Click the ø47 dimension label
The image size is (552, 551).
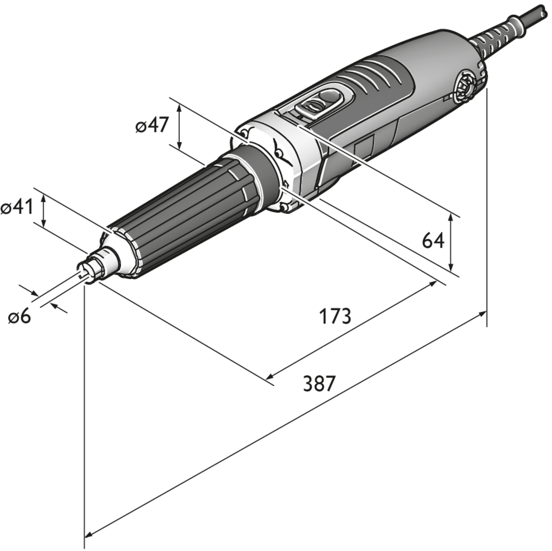(151, 126)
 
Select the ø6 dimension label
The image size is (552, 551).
(20, 317)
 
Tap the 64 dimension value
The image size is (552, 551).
(433, 240)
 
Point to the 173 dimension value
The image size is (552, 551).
(335, 316)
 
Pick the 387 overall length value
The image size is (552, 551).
(319, 383)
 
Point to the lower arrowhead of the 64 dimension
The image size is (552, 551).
(451, 267)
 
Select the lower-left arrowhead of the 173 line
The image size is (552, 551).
(270, 377)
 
